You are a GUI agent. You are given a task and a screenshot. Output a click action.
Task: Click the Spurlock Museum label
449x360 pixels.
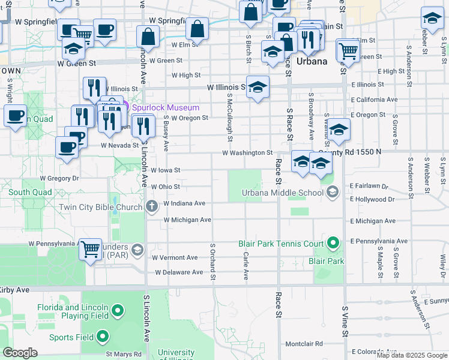pos(165,107)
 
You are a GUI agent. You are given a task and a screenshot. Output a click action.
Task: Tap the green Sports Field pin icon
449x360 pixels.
pos(103,337)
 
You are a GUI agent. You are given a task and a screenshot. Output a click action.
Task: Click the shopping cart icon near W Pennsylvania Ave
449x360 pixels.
pos(90,248)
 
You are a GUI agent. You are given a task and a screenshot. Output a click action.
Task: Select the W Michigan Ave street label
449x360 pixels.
pos(187,220)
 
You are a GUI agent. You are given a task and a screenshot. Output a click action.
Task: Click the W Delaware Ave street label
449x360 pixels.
pos(179,272)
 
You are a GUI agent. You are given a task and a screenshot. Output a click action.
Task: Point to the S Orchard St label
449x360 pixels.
pos(212,262)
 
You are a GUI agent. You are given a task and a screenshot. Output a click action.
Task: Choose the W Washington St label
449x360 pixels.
pos(247,153)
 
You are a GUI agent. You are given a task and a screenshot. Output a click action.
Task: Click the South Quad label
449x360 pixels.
pos(28,193)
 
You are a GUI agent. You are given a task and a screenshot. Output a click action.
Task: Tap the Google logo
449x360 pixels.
pos(20,353)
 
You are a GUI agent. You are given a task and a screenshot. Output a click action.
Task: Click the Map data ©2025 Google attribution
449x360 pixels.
pos(412,355)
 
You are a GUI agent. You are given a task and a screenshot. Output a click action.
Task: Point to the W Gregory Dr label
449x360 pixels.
pos(59,178)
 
